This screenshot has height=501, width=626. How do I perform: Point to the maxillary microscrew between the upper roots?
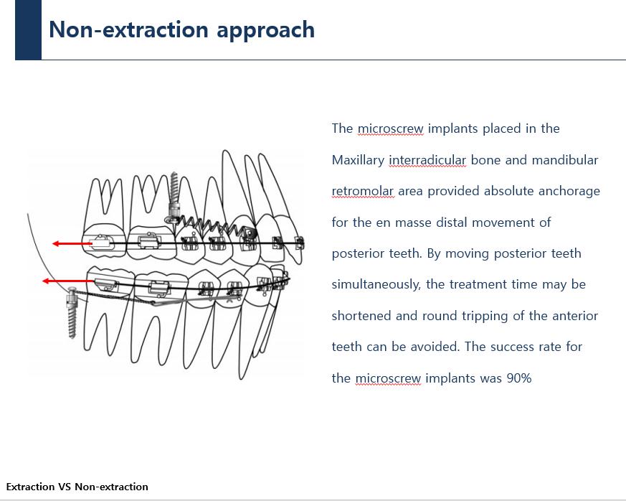tap(174, 197)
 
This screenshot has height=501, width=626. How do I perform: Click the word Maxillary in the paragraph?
tap(358, 160)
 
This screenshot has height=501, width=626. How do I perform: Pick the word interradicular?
tap(427, 160)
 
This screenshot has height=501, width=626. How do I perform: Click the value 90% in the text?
tap(518, 378)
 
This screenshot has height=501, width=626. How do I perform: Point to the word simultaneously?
tap(375, 284)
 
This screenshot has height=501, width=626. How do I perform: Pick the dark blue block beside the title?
tap(28, 29)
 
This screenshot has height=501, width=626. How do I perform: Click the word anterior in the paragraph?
tap(574, 316)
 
